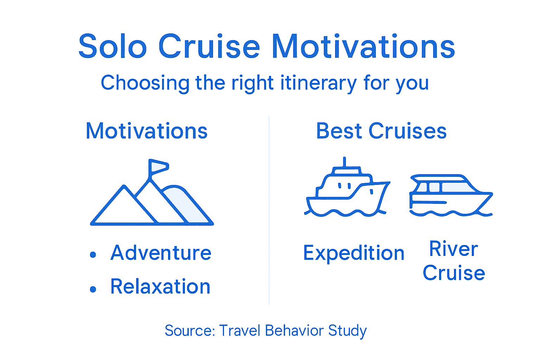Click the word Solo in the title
[x=112, y=46]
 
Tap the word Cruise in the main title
[x=209, y=46]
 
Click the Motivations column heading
[x=147, y=131]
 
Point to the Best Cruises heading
[x=381, y=131]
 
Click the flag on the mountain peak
[x=158, y=166]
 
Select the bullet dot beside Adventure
[x=93, y=255]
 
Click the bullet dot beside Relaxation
[x=93, y=289]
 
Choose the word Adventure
[x=161, y=253]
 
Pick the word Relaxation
[x=160, y=287]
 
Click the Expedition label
[x=354, y=253]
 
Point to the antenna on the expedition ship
[x=345, y=162]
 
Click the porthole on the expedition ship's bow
[x=371, y=192]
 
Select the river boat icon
[x=451, y=195]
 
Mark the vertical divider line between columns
[x=269, y=211]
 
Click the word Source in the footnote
[x=189, y=331]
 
